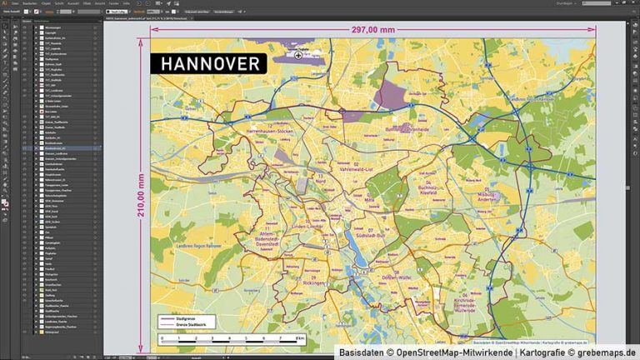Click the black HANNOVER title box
(x=208, y=64)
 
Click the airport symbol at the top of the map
(x=298, y=55)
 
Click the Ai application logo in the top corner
(x=5, y=3)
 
